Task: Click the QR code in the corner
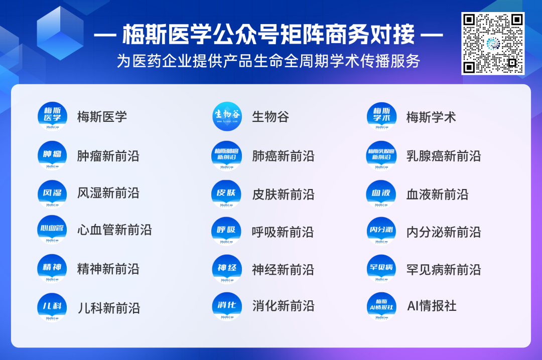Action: (493, 44)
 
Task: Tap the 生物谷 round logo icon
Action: (227, 117)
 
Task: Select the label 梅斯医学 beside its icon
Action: (102, 117)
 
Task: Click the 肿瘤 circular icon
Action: (52, 156)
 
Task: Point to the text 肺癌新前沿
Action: (283, 156)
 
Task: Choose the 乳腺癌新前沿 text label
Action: (443, 156)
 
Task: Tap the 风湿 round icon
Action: (52, 194)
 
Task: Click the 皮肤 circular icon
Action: (227, 194)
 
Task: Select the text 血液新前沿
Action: (437, 194)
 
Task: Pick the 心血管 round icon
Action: (52, 230)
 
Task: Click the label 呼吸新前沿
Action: (283, 232)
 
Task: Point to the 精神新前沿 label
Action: (108, 269)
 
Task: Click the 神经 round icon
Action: (227, 269)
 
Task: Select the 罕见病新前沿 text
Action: (443, 269)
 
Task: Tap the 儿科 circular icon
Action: (52, 307)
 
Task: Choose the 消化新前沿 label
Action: (283, 305)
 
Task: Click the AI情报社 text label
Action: (431, 305)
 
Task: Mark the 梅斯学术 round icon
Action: (381, 117)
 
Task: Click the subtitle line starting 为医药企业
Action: (268, 61)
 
